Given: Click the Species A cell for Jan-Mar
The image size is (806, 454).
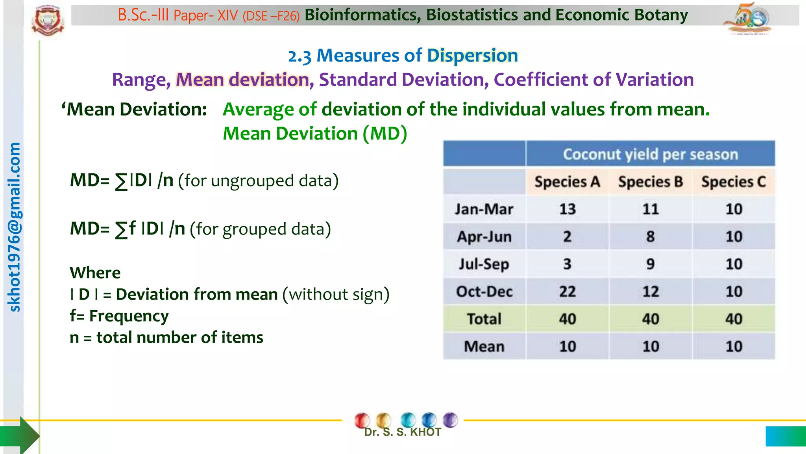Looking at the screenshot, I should (x=567, y=209).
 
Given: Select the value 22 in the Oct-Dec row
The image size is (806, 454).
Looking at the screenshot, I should (x=567, y=292).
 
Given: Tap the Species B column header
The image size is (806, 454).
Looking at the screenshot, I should (x=650, y=182).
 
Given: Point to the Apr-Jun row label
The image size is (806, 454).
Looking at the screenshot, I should (x=484, y=236).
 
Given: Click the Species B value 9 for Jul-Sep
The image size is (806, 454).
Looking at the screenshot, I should (x=650, y=264).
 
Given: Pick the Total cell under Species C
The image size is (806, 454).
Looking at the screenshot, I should (x=734, y=319).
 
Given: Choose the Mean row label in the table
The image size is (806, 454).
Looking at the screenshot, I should (x=484, y=346).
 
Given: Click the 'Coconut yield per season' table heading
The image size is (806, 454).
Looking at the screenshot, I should (x=650, y=154).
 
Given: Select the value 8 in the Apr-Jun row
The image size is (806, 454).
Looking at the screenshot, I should (x=650, y=236).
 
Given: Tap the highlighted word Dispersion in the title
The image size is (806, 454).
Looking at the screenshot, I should (x=472, y=56).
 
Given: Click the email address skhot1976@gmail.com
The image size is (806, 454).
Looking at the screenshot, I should (x=15, y=227).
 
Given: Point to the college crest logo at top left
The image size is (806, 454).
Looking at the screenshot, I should (x=48, y=20).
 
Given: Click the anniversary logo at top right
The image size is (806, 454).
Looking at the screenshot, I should (x=748, y=19).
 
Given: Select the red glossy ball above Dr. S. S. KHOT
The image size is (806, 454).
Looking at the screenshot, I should (x=362, y=420).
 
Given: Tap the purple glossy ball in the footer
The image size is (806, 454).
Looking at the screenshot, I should (x=450, y=420).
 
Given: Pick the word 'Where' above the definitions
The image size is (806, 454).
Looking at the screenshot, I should (x=95, y=273).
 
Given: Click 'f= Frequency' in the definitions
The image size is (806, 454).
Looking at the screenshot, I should (x=119, y=316).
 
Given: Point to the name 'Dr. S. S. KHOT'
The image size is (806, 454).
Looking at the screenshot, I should (x=402, y=432).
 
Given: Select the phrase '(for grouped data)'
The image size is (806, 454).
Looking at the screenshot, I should (x=260, y=229).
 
